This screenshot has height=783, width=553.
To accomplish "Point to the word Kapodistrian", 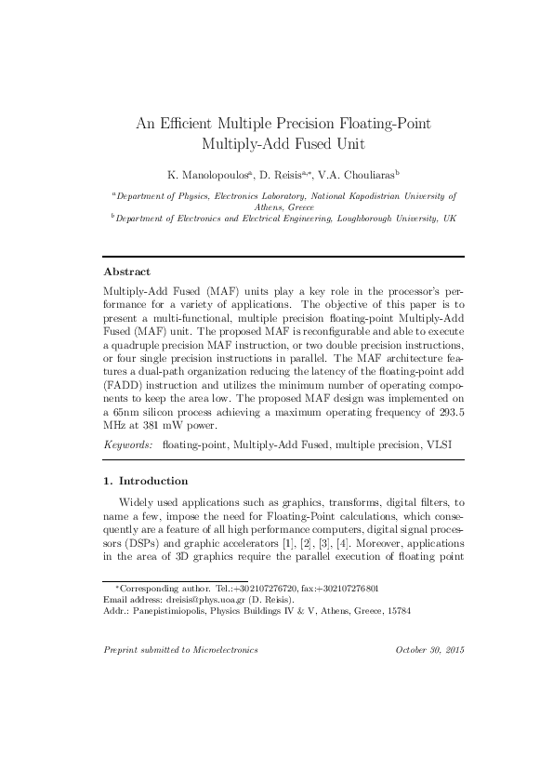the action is pyautogui.click(x=363, y=196).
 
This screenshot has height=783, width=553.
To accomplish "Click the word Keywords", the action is pyautogui.click(x=127, y=445).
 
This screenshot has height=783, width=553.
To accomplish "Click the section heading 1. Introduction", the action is pyautogui.click(x=146, y=481).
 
